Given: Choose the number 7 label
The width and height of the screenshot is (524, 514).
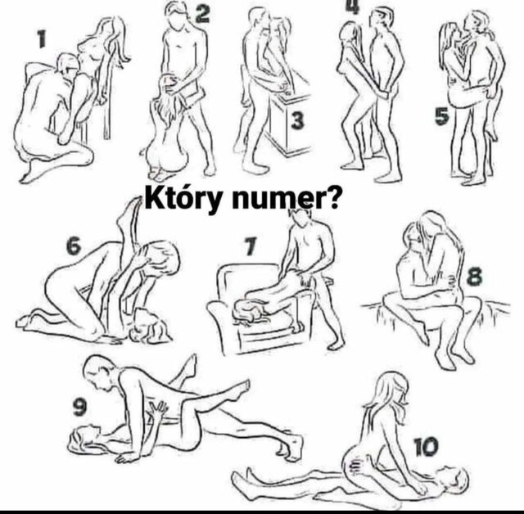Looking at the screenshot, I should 251,243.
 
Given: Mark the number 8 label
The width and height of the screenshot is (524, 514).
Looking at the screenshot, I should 475,277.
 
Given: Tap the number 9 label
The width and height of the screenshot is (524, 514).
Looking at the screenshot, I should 79,408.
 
